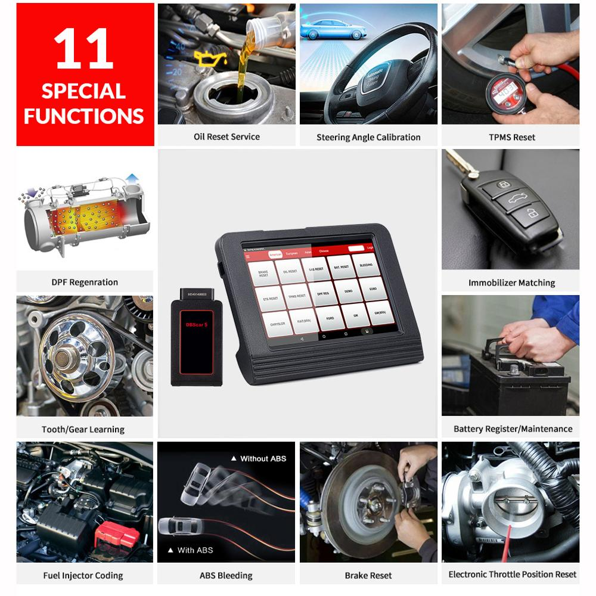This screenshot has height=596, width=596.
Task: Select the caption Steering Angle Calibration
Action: [x=368, y=137]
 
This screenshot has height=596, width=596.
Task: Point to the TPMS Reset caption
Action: [x=511, y=137]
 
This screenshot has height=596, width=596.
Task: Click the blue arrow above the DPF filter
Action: [x=132, y=178]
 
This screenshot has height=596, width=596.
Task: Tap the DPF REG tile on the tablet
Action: [x=322, y=294]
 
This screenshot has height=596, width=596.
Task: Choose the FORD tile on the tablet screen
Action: [x=330, y=319]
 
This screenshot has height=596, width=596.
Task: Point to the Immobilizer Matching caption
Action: [x=511, y=283]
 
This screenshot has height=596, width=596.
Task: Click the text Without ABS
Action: [x=262, y=458]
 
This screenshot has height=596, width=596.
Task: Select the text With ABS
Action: [x=195, y=550]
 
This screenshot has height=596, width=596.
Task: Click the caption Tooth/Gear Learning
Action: [x=83, y=429]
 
